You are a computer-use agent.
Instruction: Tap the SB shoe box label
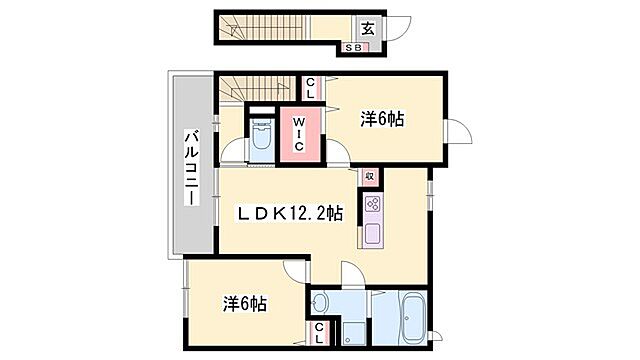coord(355,47)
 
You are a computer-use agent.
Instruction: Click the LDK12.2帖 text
coord(290,212)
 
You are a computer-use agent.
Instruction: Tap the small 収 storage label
coord(369,177)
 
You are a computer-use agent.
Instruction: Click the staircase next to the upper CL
coord(255,88)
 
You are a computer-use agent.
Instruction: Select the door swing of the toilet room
coord(232,153)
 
